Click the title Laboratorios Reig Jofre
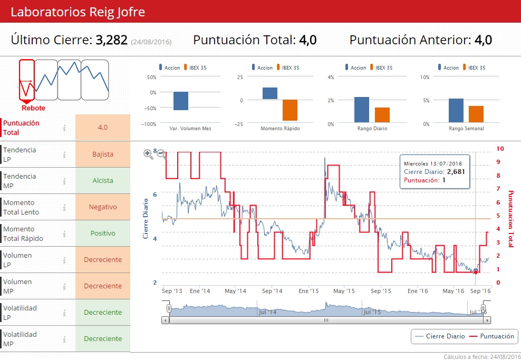pos(78,12)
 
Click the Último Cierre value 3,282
pos(111,40)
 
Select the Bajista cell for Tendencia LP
pos(103,154)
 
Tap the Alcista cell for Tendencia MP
pos(103,181)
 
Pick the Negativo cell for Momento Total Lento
pos(103,207)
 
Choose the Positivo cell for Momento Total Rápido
pos(103,233)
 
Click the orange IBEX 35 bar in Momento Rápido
pos(290,110)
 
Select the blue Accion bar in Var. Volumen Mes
pos(181,101)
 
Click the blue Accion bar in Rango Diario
pos(362,110)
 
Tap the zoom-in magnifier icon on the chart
pos(148,153)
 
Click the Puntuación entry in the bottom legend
pos(491,336)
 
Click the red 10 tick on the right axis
pos(500,149)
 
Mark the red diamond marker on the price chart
pos(476,271)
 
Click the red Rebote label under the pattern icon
pos(33,108)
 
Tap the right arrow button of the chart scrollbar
pos(487,320)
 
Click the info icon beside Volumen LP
pos(64,260)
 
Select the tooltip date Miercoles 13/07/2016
pos(432,163)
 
